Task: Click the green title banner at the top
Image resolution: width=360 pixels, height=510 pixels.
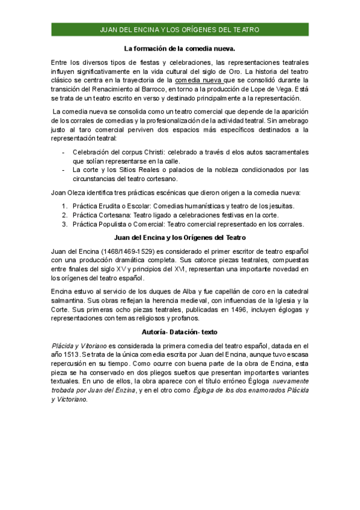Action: click(x=180, y=29)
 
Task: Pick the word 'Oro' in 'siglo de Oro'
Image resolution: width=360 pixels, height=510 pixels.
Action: click(x=281, y=70)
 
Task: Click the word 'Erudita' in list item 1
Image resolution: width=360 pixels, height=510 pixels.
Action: click(x=115, y=206)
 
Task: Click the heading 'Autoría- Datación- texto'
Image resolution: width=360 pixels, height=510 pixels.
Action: click(x=180, y=331)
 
